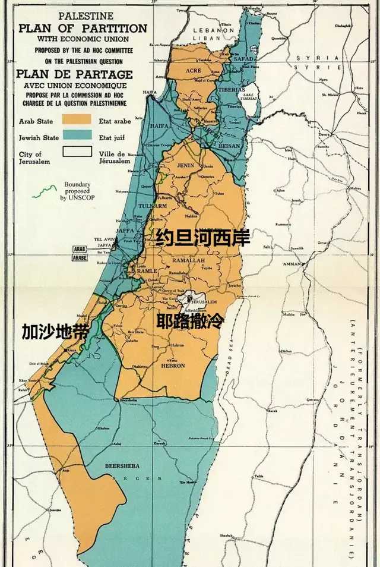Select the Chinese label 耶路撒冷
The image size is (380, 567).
pos(190,323)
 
